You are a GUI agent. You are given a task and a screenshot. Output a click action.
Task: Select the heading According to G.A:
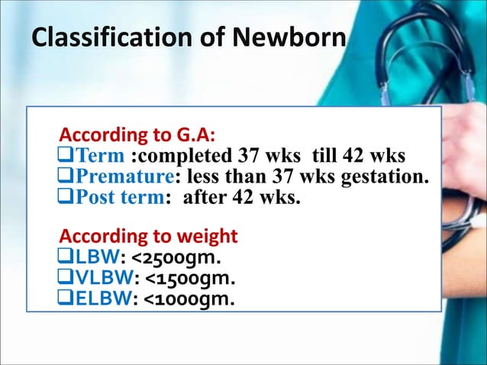click(137, 138)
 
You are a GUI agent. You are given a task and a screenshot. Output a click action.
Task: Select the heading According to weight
click(148, 234)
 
